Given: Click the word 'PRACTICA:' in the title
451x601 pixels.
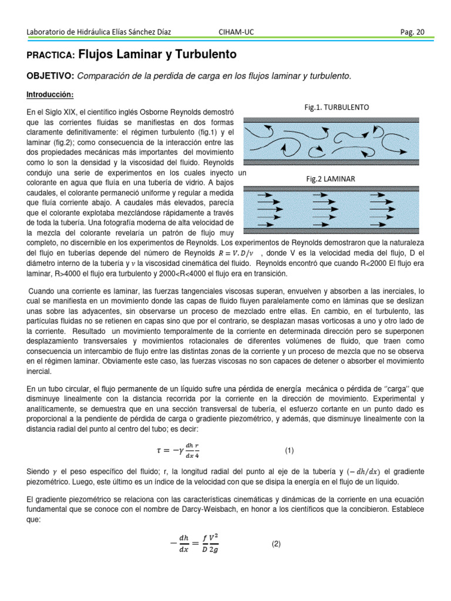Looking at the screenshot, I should [x=51, y=55].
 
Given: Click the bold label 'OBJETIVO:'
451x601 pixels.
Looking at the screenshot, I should [x=51, y=76].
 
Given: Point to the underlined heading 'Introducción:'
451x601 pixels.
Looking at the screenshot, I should [x=51, y=94].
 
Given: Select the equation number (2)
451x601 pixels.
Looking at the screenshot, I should [x=276, y=544].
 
